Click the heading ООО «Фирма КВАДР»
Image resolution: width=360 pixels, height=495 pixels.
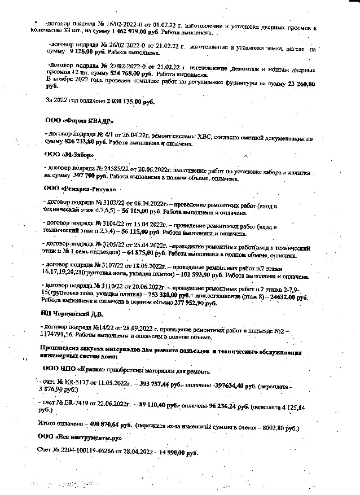click(x=79, y=121)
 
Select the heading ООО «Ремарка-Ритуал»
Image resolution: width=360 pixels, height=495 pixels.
click(x=80, y=187)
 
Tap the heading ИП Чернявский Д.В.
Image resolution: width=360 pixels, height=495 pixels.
click(x=75, y=313)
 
